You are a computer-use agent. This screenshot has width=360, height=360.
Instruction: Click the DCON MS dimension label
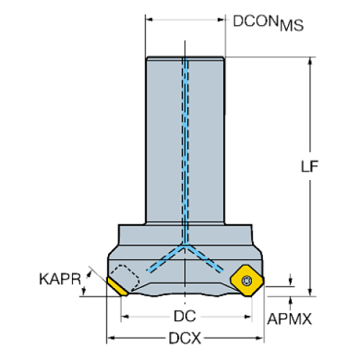(267, 22)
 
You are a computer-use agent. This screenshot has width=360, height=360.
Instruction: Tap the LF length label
(309, 165)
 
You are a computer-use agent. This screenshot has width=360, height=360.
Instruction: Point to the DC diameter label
(184, 317)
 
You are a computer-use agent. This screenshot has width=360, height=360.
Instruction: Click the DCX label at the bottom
(186, 339)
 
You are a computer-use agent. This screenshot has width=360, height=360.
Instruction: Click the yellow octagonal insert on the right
(246, 279)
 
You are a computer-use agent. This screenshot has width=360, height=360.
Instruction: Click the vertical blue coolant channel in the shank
(185, 147)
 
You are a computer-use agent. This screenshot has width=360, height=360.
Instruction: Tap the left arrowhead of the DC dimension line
(125, 317)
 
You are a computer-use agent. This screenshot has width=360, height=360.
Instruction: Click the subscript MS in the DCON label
(293, 27)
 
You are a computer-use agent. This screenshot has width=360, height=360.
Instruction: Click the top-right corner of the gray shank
(223, 57)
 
